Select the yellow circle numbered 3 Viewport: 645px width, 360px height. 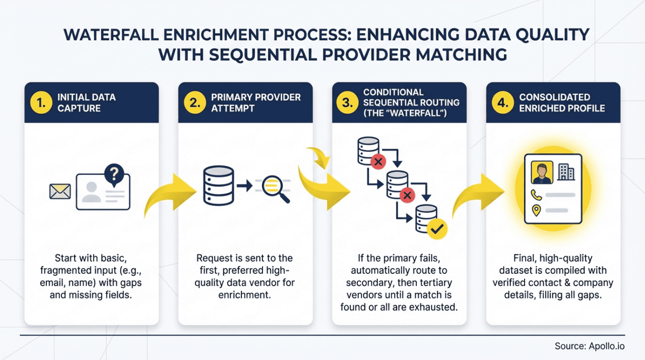point(348,103)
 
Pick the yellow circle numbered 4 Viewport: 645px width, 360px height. point(503,103)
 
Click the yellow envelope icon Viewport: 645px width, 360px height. point(60,192)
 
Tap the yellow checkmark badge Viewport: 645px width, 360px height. point(436,229)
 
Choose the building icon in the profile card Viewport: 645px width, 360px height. point(566,172)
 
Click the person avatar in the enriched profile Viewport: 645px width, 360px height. point(542,172)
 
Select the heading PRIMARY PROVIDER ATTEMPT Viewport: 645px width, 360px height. point(255,103)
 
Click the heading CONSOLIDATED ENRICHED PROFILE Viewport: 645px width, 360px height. point(562,103)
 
